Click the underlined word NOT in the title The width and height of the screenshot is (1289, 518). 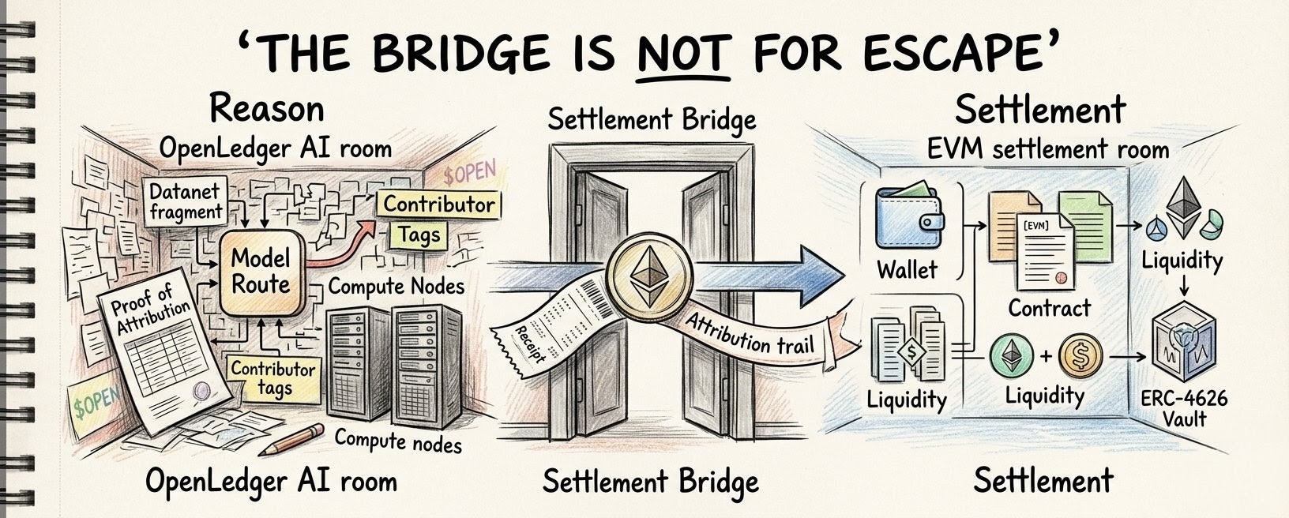point(684,52)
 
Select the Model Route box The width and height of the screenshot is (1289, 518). point(262,272)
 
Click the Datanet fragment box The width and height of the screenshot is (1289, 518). point(186,200)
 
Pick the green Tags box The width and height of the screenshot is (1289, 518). point(419,235)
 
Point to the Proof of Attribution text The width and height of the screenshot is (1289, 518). point(150,309)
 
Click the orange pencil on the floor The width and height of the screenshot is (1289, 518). point(291,440)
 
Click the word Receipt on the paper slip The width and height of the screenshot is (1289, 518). point(528,344)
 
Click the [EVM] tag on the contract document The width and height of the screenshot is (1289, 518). point(1035,226)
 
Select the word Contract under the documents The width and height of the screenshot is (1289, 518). point(1050,309)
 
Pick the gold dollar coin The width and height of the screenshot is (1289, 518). point(1080,356)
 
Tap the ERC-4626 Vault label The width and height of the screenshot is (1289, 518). point(1184,408)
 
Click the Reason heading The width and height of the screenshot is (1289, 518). point(266,109)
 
